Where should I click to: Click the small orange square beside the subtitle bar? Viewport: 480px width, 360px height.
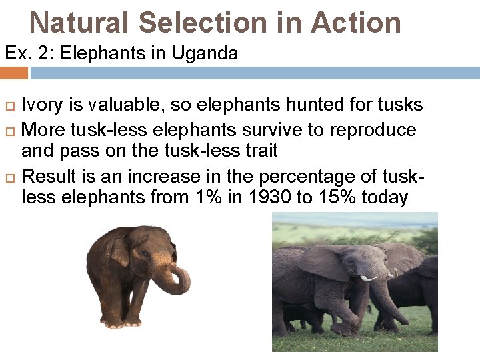point(14,73)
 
